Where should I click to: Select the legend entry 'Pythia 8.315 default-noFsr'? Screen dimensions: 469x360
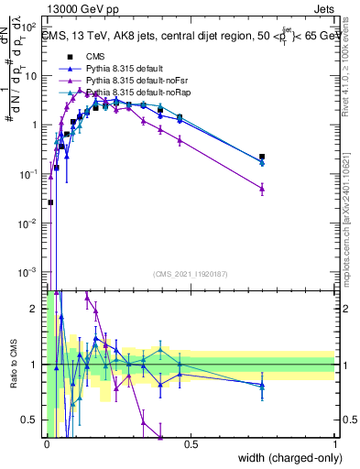127,80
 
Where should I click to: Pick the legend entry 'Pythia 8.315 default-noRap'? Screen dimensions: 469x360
127,93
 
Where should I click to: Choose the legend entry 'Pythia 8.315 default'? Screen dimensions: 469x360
116,67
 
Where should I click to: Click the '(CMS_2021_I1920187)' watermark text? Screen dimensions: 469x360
191,274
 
